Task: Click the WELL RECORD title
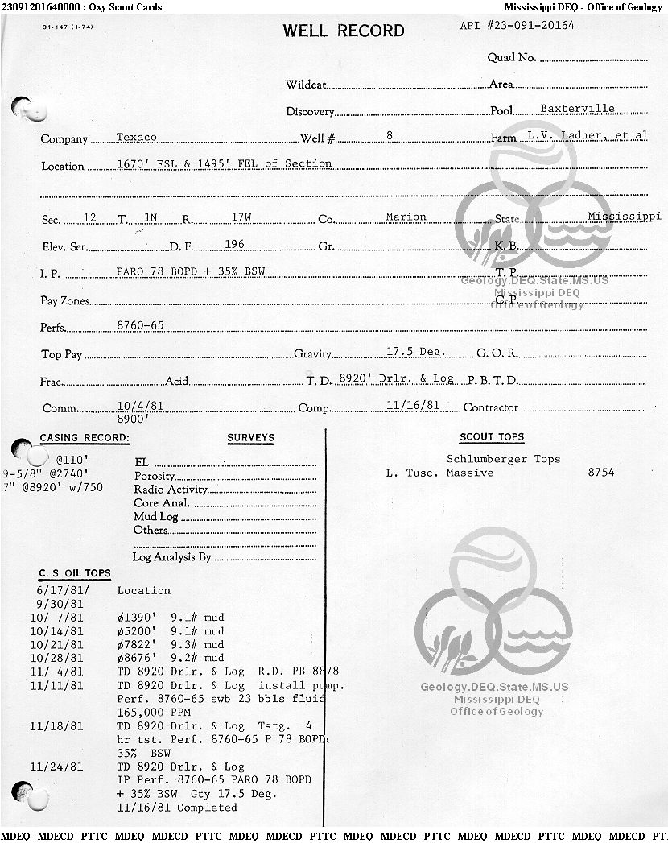(x=343, y=31)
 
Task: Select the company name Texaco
(x=137, y=137)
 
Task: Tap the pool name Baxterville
(x=577, y=109)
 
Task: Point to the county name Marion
(x=406, y=217)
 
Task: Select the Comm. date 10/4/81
(x=140, y=406)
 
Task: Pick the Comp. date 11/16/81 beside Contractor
(x=413, y=405)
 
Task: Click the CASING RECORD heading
(x=85, y=438)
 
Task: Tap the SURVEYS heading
(x=250, y=438)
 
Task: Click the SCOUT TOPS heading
(x=492, y=437)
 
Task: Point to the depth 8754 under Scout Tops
(x=601, y=473)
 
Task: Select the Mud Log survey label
(x=156, y=516)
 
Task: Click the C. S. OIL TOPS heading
(x=75, y=573)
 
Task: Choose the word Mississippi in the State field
(x=624, y=217)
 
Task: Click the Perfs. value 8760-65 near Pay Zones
(x=140, y=325)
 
